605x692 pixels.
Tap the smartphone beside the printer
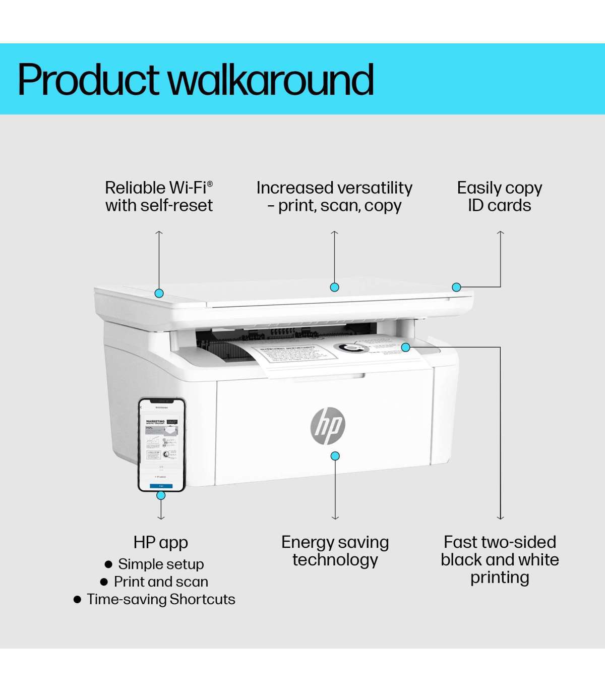(161, 444)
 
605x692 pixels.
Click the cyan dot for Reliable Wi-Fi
(159, 293)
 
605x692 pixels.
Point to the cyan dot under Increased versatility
(334, 287)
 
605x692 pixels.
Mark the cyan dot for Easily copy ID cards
(456, 287)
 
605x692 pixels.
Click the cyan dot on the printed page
(405, 347)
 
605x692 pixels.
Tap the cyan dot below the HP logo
(335, 456)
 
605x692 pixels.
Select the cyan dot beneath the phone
(161, 495)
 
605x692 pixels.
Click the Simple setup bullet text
(161, 564)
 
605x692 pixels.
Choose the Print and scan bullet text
(161, 582)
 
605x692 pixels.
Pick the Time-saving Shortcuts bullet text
(161, 599)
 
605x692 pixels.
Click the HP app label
(161, 543)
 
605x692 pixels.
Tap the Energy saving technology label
(335, 551)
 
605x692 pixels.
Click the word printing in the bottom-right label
(500, 578)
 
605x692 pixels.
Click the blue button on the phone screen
(161, 486)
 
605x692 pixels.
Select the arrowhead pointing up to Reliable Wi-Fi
(159, 233)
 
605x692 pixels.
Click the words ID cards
(499, 206)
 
